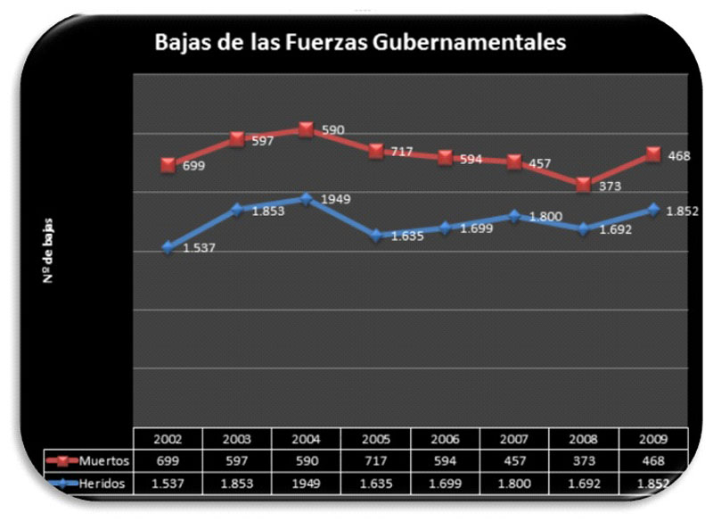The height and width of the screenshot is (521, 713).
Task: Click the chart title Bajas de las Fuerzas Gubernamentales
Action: (360, 42)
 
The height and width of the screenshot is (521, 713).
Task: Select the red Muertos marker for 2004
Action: (306, 129)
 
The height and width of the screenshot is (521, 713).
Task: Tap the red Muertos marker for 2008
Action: (584, 185)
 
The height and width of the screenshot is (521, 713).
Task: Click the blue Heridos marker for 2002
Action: (168, 247)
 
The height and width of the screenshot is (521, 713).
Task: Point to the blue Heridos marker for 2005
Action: (375, 236)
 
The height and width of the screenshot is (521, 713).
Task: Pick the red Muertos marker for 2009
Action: (653, 154)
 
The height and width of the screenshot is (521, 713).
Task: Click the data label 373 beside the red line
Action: (611, 186)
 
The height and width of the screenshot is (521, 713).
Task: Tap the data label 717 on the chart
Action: (401, 152)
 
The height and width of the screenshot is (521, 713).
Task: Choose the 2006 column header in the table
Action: (445, 440)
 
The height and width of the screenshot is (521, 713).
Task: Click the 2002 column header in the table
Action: (168, 440)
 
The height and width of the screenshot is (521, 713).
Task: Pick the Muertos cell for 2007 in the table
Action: (514, 461)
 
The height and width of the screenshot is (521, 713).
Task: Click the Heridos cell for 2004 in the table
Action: (306, 483)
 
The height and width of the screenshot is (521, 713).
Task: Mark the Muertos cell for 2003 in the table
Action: (237, 461)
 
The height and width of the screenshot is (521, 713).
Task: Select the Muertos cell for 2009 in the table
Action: (653, 461)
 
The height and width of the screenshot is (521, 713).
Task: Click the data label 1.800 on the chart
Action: (545, 217)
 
